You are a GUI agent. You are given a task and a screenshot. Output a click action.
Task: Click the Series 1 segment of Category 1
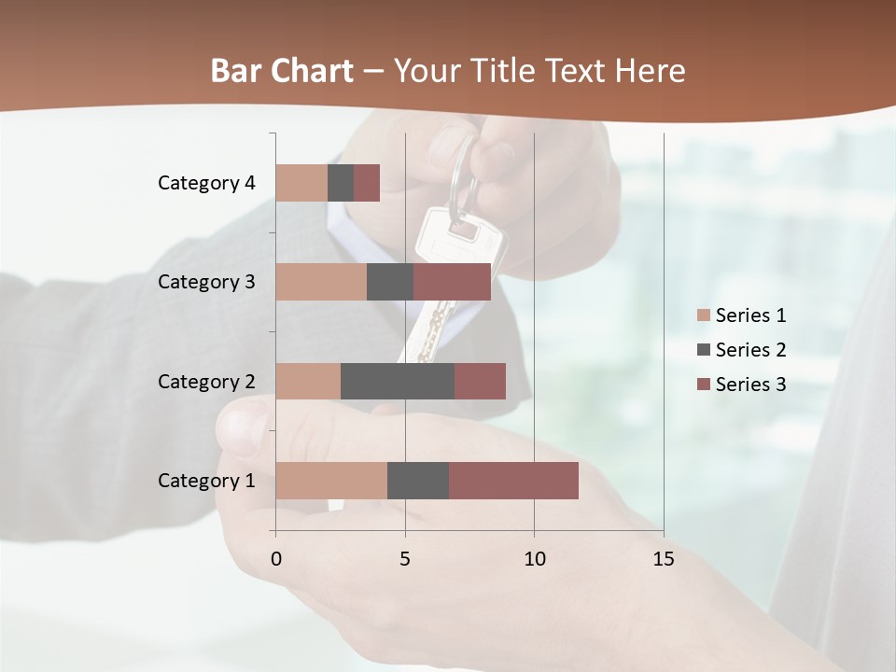click(x=331, y=481)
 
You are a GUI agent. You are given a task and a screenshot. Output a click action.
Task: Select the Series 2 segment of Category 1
click(x=418, y=481)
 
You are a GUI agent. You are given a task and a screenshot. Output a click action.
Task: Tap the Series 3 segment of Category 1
click(x=513, y=481)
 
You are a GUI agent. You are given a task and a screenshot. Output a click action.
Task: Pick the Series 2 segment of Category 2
click(x=398, y=381)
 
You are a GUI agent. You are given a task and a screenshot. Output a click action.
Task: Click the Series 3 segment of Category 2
click(x=480, y=381)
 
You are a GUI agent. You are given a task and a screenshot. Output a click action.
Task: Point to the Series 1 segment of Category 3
click(x=321, y=282)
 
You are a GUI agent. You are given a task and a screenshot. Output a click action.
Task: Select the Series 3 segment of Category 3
click(x=452, y=282)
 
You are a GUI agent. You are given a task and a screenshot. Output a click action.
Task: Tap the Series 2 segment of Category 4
click(x=341, y=183)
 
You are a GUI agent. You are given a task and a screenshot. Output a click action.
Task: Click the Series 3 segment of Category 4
click(x=367, y=183)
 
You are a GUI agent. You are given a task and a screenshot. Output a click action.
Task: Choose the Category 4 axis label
click(x=206, y=183)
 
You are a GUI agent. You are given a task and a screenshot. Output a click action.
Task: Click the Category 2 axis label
click(x=206, y=382)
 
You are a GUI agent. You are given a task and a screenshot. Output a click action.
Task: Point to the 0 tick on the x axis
click(x=276, y=560)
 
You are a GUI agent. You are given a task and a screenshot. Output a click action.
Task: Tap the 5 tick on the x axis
click(x=405, y=560)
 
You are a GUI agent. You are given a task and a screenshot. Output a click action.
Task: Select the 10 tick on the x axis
click(x=534, y=560)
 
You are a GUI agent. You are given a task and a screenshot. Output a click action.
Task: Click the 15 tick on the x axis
click(x=663, y=560)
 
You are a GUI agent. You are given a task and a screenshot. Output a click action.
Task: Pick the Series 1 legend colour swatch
click(x=704, y=315)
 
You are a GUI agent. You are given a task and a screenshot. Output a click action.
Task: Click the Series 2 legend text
click(x=750, y=350)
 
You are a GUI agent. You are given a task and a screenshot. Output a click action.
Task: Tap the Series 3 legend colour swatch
click(x=704, y=385)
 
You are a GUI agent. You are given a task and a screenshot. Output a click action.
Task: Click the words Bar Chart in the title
click(x=282, y=71)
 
